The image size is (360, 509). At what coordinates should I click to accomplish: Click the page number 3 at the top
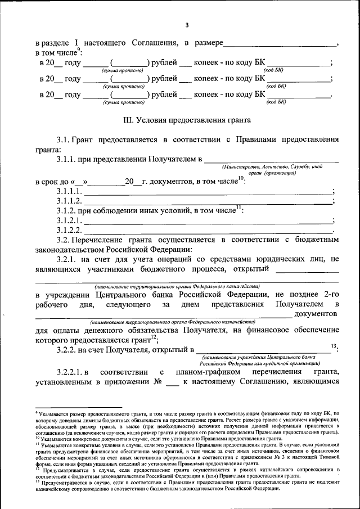click(187, 25)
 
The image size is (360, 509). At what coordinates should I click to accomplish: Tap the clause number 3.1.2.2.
click(69, 230)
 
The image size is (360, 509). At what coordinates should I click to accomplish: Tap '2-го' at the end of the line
click(331, 294)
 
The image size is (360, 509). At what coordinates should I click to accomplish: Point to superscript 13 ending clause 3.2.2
click(334, 345)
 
